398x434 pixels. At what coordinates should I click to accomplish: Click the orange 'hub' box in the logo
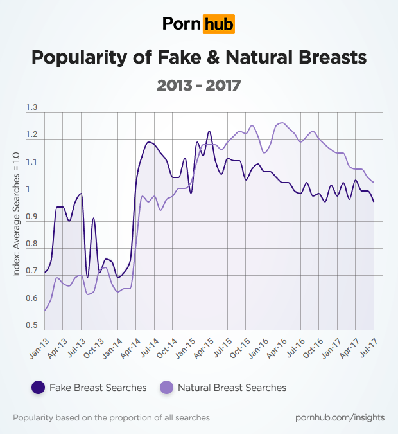point(218,24)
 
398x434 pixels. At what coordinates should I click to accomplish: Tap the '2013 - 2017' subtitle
point(198,84)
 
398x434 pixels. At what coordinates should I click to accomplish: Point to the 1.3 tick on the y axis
point(31,107)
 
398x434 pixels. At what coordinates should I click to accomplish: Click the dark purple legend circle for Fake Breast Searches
point(38,387)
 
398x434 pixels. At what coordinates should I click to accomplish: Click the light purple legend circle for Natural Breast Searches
point(166,387)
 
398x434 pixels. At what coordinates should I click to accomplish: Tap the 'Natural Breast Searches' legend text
point(232,388)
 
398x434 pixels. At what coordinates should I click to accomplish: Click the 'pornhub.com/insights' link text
point(340,418)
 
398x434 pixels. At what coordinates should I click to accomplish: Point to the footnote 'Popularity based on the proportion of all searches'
point(111,418)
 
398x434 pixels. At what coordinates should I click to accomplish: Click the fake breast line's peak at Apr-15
point(209,131)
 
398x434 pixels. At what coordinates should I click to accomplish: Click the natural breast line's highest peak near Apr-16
point(281,123)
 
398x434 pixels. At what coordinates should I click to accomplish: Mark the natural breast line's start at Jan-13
point(45,311)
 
